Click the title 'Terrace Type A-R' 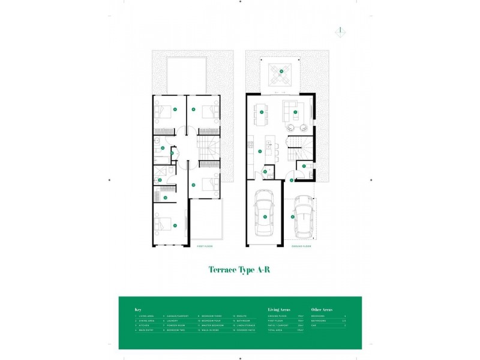coord(239,271)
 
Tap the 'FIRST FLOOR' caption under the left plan coord(205,247)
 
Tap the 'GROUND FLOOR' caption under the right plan coord(301,247)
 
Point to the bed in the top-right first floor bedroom coord(208,112)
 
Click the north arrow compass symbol coord(340,31)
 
